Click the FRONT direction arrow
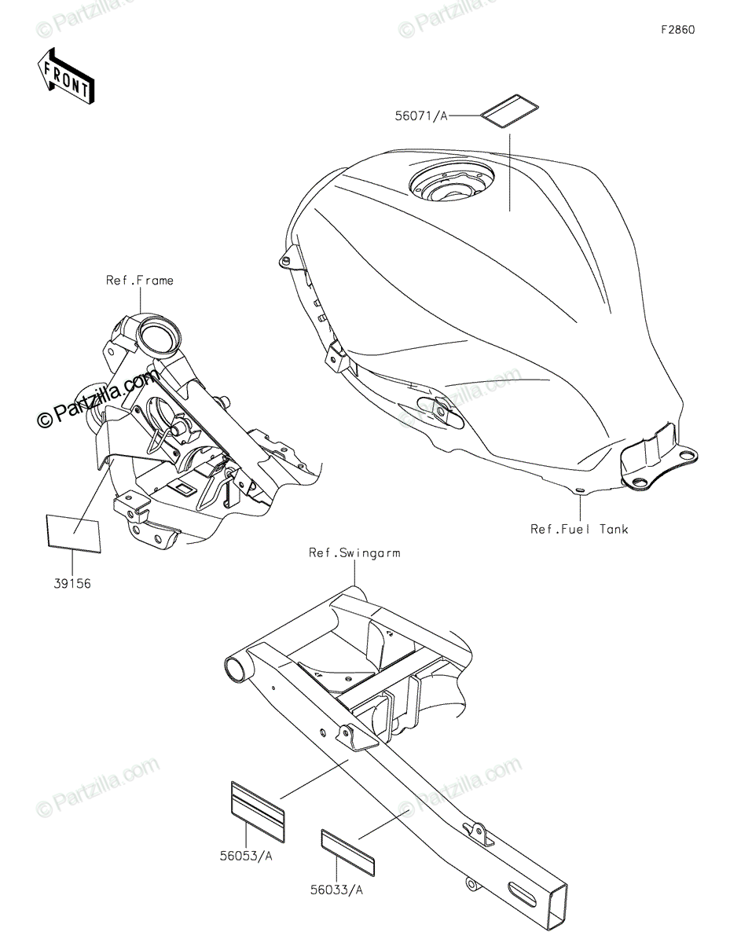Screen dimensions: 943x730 click(66, 75)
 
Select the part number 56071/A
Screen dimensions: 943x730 click(420, 116)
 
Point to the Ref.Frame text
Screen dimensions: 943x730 click(140, 280)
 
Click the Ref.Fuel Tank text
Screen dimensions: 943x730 click(579, 529)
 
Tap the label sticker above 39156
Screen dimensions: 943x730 click(73, 532)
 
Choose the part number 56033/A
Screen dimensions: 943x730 click(336, 890)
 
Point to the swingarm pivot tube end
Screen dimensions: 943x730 click(235, 669)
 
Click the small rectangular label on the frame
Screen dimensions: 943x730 click(185, 490)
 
